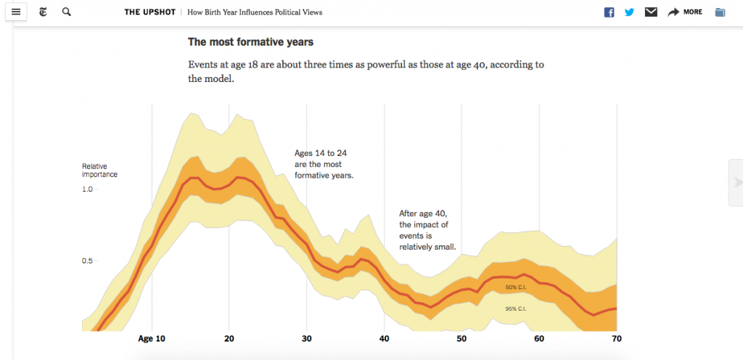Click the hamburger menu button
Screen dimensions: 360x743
(16, 12)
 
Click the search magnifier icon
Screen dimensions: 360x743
(67, 12)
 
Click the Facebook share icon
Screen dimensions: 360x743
(609, 12)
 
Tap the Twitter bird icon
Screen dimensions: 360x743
(630, 12)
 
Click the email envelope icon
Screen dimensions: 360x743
(651, 12)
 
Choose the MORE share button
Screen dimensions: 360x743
(685, 12)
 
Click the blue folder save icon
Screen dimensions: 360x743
(720, 12)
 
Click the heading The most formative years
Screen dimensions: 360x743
(250, 42)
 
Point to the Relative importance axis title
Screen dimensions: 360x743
(99, 171)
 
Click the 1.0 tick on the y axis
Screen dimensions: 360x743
(87, 189)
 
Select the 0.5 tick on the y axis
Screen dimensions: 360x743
(87, 261)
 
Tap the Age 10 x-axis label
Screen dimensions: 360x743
(152, 339)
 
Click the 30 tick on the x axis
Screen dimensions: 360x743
(306, 339)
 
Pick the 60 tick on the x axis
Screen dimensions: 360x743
(539, 339)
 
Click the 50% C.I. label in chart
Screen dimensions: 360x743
(516, 288)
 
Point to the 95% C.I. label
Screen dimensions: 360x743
(516, 309)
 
